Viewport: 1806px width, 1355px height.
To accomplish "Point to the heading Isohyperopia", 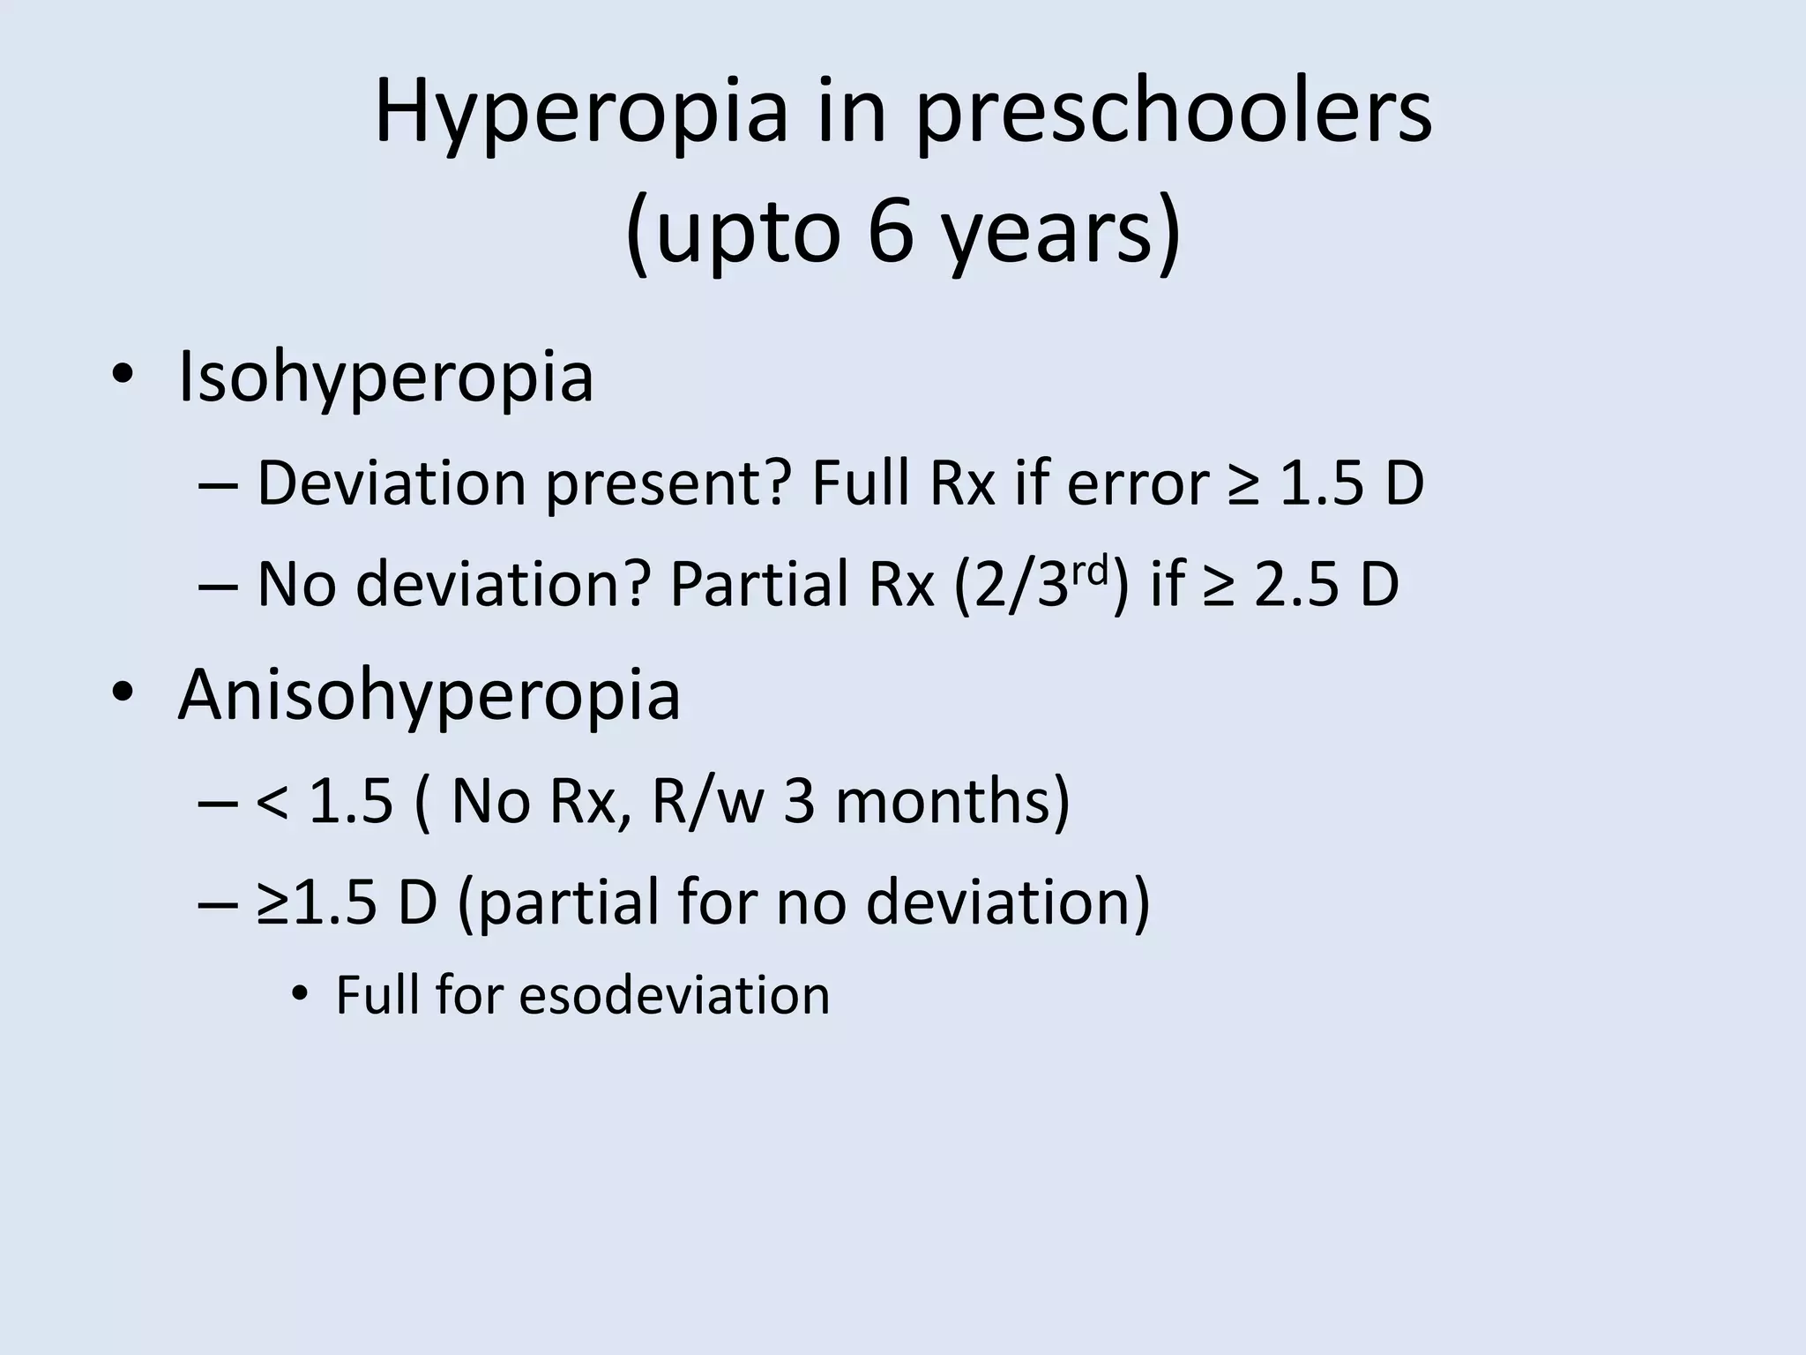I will coord(385,378).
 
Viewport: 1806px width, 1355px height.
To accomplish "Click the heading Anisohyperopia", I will coord(429,696).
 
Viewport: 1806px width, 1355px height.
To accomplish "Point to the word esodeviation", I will coord(674,996).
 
